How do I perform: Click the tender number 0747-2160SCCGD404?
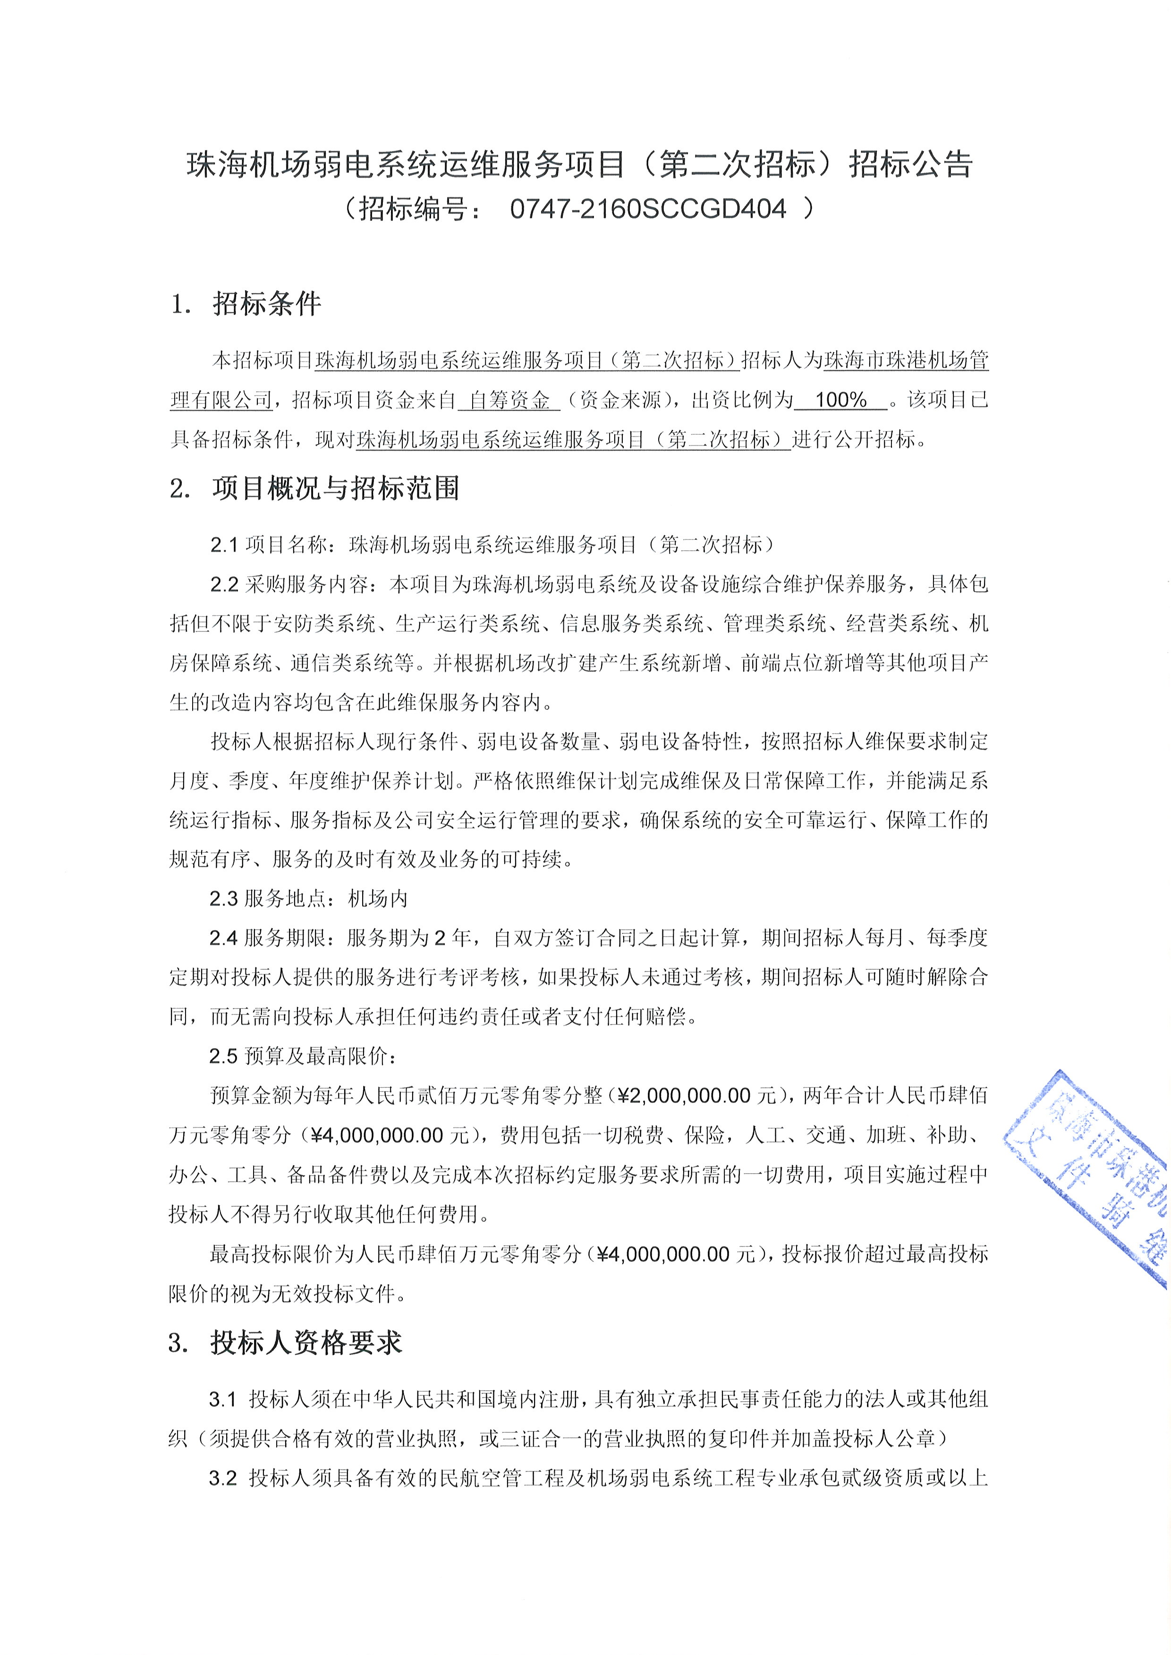tap(647, 209)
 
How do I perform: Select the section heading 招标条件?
tap(267, 304)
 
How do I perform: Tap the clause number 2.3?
tap(223, 899)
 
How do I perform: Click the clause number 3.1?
tap(223, 1400)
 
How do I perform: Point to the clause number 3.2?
tap(223, 1479)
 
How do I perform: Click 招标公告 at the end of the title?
tap(911, 164)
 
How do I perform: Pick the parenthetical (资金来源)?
tap(621, 400)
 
